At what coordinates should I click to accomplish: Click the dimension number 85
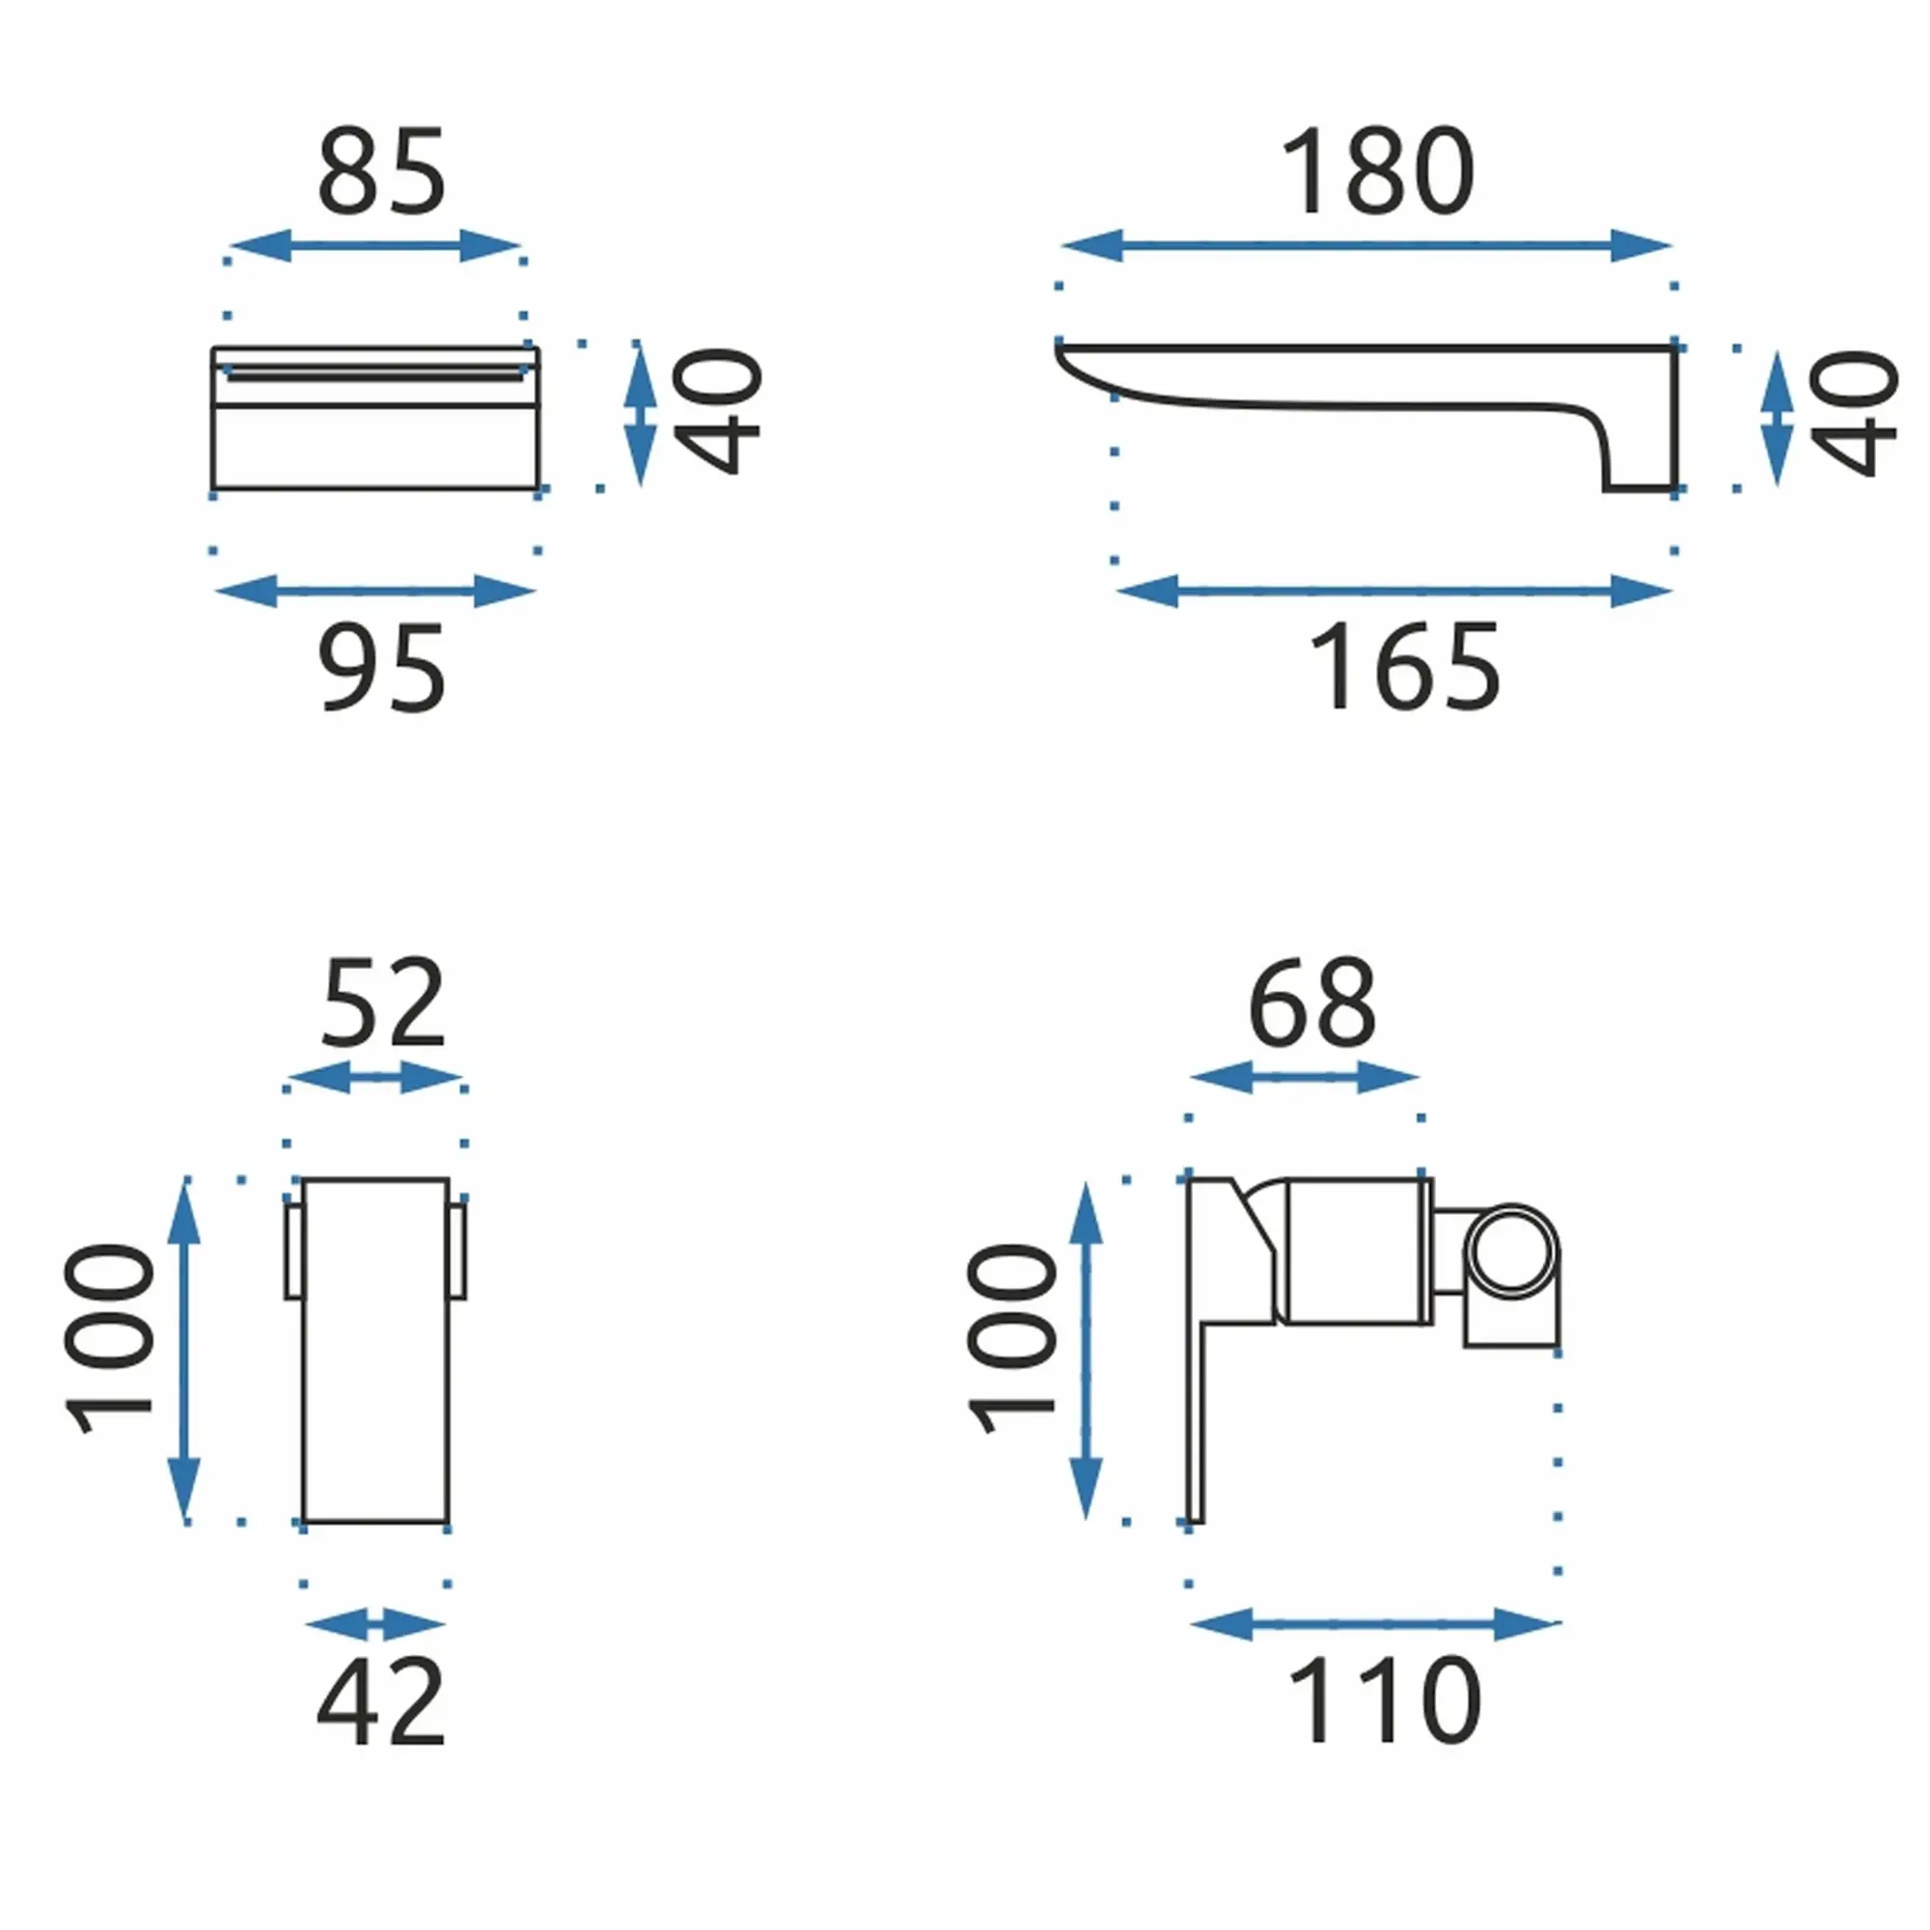[x=381, y=171]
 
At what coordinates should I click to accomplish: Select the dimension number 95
[x=381, y=668]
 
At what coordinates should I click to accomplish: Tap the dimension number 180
[x=1377, y=171]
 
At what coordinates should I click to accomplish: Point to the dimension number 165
[x=1403, y=668]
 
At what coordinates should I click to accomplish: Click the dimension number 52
[x=381, y=1003]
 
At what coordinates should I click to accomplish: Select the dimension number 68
[x=1311, y=1003]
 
